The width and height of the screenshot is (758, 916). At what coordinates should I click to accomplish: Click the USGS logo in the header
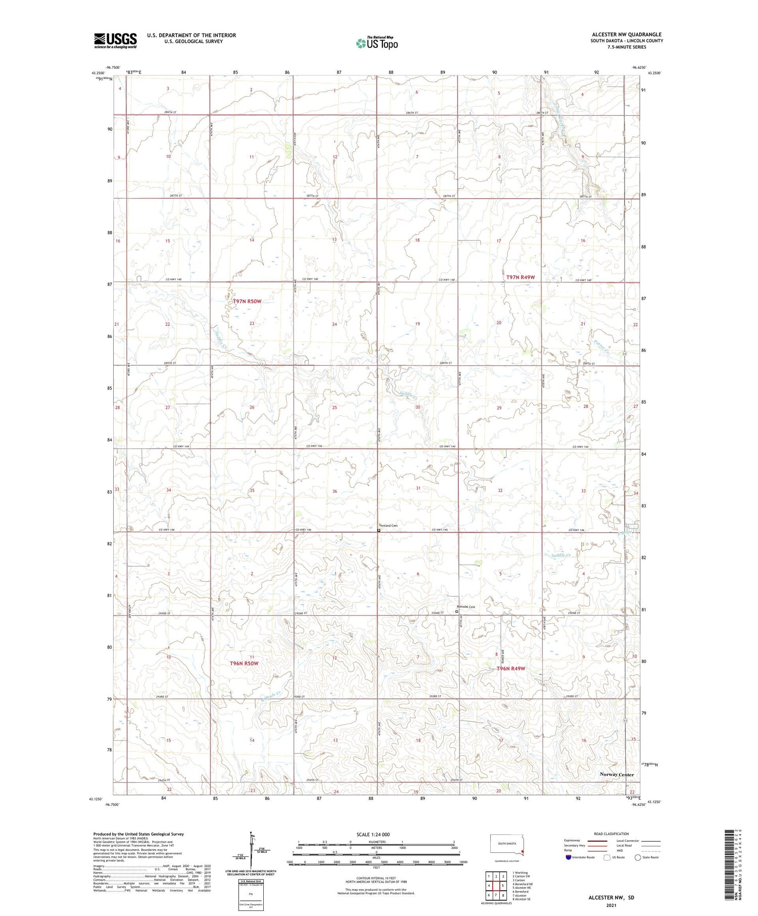pos(115,40)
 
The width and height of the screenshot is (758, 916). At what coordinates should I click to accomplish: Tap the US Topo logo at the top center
pos(376,43)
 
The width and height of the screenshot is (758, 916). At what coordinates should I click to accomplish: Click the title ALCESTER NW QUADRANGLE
pos(627,34)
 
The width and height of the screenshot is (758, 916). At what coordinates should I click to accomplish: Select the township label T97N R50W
pos(247,302)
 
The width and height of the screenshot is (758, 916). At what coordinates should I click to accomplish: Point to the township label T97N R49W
pos(520,277)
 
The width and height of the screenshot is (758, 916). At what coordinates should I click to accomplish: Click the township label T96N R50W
pos(244,663)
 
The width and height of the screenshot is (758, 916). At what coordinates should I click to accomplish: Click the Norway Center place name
pos(617,775)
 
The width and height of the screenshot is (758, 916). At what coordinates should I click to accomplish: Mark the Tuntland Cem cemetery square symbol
pos(379,531)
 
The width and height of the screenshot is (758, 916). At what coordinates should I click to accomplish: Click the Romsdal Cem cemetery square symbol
pos(457,611)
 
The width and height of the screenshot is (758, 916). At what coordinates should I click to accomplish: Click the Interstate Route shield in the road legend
pos(568,857)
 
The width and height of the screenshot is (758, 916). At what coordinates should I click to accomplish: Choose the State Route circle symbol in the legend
pos(638,857)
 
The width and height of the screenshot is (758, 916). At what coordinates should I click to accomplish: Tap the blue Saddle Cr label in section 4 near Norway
pos(561,555)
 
